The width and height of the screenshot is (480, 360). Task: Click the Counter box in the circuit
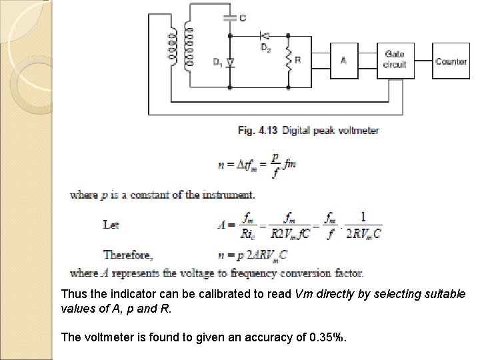pyautogui.click(x=451, y=61)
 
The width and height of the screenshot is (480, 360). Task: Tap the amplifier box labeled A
pyautogui.click(x=343, y=61)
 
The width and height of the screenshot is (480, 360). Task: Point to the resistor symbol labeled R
pyautogui.click(x=289, y=61)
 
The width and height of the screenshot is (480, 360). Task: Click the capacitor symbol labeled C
pyautogui.click(x=231, y=18)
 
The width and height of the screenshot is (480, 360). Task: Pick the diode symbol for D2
pyautogui.click(x=265, y=35)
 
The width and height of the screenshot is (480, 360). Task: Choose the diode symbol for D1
pyautogui.click(x=231, y=62)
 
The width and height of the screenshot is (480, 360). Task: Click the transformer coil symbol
pyautogui.click(x=182, y=47)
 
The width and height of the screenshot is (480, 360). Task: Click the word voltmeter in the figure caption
pyautogui.click(x=357, y=131)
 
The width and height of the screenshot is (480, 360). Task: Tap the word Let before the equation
pyautogui.click(x=111, y=225)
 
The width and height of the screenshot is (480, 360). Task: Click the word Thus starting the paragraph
pyautogui.click(x=73, y=294)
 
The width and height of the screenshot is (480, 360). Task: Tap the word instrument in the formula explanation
pyautogui.click(x=227, y=195)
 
